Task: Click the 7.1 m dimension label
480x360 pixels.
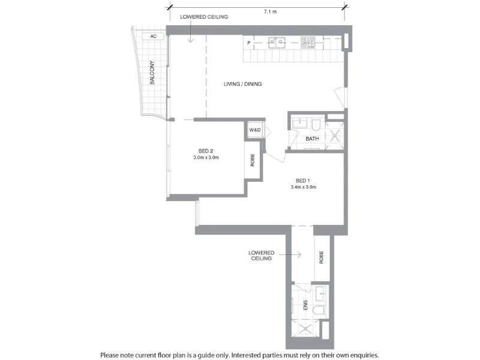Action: (270, 11)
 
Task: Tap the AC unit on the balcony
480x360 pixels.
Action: (154, 37)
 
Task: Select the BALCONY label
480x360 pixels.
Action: (152, 73)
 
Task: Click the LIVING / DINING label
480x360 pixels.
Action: (242, 84)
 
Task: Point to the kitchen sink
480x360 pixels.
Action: (277, 43)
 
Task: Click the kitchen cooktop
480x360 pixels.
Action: (308, 43)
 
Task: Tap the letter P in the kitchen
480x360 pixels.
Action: (248, 43)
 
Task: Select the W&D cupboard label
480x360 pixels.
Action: (254, 130)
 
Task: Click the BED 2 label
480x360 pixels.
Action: (206, 151)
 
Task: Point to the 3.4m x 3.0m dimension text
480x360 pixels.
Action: (304, 187)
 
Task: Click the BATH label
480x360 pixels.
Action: (312, 139)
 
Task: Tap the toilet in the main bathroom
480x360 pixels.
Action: (316, 125)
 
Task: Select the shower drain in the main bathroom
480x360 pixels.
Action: (334, 134)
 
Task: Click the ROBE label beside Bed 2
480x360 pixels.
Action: (253, 160)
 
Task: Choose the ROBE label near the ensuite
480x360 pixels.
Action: (321, 257)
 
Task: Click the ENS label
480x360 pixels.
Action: (305, 305)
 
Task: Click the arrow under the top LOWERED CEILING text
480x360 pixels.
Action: (190, 31)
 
